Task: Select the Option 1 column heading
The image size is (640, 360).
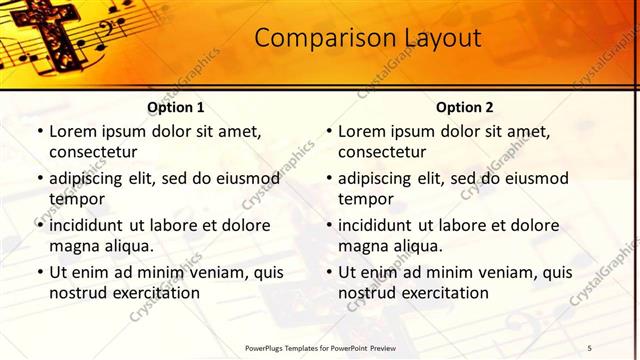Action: [176, 107]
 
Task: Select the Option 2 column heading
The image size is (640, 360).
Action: [465, 107]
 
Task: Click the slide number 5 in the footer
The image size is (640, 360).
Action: [590, 347]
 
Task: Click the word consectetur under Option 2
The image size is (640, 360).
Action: [382, 152]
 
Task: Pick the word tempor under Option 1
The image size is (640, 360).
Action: [75, 198]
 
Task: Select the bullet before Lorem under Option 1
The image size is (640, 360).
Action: [39, 132]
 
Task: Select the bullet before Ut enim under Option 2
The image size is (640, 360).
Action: [328, 272]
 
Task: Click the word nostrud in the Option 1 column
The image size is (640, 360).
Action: [76, 293]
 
